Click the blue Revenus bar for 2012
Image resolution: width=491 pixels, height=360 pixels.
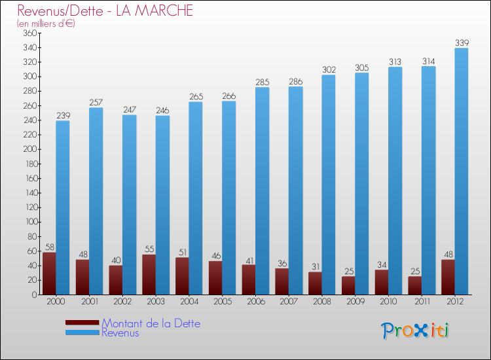(462, 171)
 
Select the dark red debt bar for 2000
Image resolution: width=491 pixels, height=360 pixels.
(49, 274)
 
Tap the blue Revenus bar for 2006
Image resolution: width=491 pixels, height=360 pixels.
(262, 191)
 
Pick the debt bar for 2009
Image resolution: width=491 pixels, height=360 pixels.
(348, 285)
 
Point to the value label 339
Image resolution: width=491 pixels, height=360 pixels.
(462, 43)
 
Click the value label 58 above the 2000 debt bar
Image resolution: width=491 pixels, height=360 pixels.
(49, 247)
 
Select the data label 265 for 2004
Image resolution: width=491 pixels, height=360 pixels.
(196, 96)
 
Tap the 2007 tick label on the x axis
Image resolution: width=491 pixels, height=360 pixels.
(289, 302)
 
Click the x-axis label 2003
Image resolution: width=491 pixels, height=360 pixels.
(156, 302)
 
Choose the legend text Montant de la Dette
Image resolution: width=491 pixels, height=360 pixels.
(151, 323)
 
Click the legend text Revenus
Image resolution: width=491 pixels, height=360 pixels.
(120, 333)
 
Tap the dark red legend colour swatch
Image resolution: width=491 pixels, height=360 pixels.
(82, 323)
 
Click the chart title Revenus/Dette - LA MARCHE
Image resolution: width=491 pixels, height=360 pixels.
(105, 11)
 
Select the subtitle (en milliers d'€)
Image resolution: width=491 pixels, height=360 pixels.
(46, 24)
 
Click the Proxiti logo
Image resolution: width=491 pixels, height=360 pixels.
(415, 331)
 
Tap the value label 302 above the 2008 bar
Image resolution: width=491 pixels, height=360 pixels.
(329, 69)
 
